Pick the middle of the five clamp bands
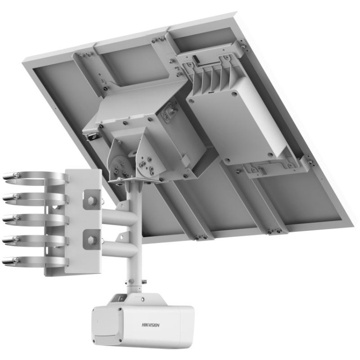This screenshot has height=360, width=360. pos(34,218)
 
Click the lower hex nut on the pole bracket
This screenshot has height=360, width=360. pos(91,237)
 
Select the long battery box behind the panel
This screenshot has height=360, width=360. pos(240,120)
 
